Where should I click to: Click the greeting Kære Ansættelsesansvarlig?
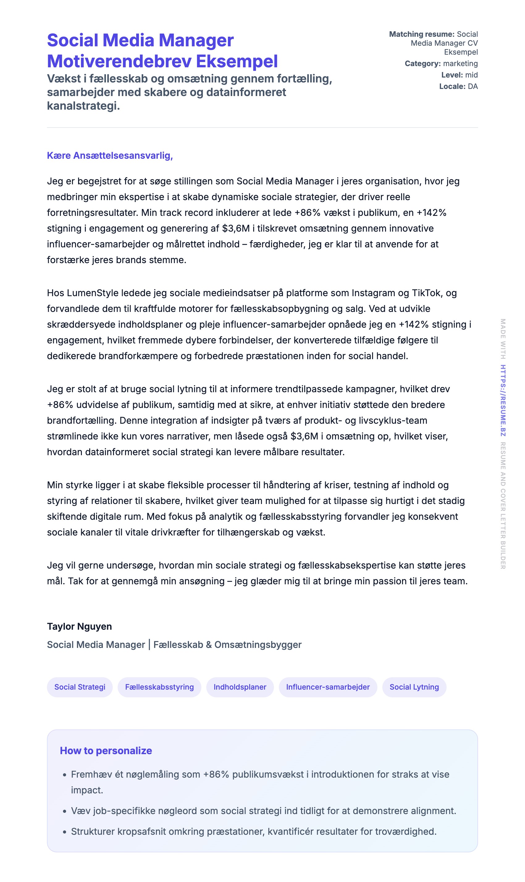pos(110,156)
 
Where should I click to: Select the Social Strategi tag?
pos(80,687)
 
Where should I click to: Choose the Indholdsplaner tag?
pos(240,687)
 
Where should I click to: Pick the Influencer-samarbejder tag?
pos(328,687)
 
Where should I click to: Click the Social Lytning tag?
pos(414,687)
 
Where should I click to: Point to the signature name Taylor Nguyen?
pos(79,627)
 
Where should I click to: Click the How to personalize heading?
pos(106,751)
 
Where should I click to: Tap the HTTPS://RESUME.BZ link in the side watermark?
pos(503,401)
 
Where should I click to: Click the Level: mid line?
pos(459,75)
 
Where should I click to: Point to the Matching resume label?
pos(421,34)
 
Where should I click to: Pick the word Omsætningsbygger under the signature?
pos(258,645)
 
